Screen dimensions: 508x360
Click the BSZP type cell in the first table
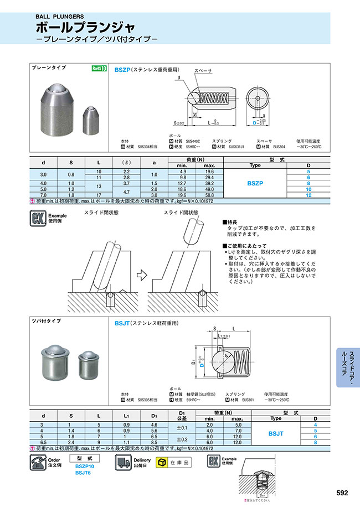coord(255,183)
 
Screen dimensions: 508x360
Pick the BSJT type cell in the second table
coord(275,434)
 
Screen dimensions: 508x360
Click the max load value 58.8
coord(209,195)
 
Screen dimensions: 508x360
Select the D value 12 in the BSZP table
coord(308,195)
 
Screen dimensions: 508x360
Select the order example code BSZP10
coord(85,467)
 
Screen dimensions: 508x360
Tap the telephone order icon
coord(37,463)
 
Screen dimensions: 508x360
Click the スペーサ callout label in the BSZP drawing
coord(203,71)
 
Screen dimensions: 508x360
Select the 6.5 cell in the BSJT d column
coord(43,443)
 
